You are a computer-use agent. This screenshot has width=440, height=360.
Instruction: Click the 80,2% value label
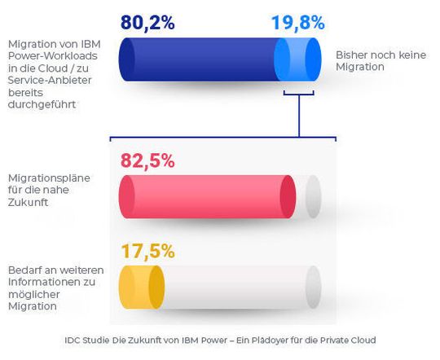[147, 22]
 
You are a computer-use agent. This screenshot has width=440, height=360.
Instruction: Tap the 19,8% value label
[298, 22]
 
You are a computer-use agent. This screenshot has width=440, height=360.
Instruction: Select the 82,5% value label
[147, 160]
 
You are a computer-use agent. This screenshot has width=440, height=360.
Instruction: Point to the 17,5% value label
[147, 251]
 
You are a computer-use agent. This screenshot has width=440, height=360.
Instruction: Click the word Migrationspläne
[46, 178]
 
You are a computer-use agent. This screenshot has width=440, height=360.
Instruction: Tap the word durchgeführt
[41, 106]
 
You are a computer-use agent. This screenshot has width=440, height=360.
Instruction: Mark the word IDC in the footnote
[72, 340]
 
